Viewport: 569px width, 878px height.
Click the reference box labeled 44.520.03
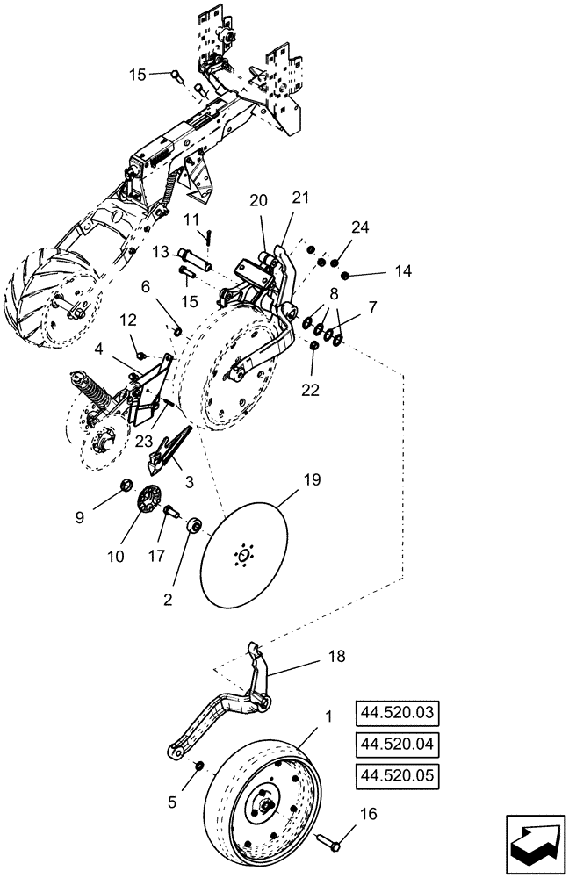[x=396, y=712]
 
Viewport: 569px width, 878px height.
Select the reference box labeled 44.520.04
[x=396, y=745]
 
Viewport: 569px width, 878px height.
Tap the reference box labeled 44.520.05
[x=396, y=776]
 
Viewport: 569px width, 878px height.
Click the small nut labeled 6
[x=176, y=331]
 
